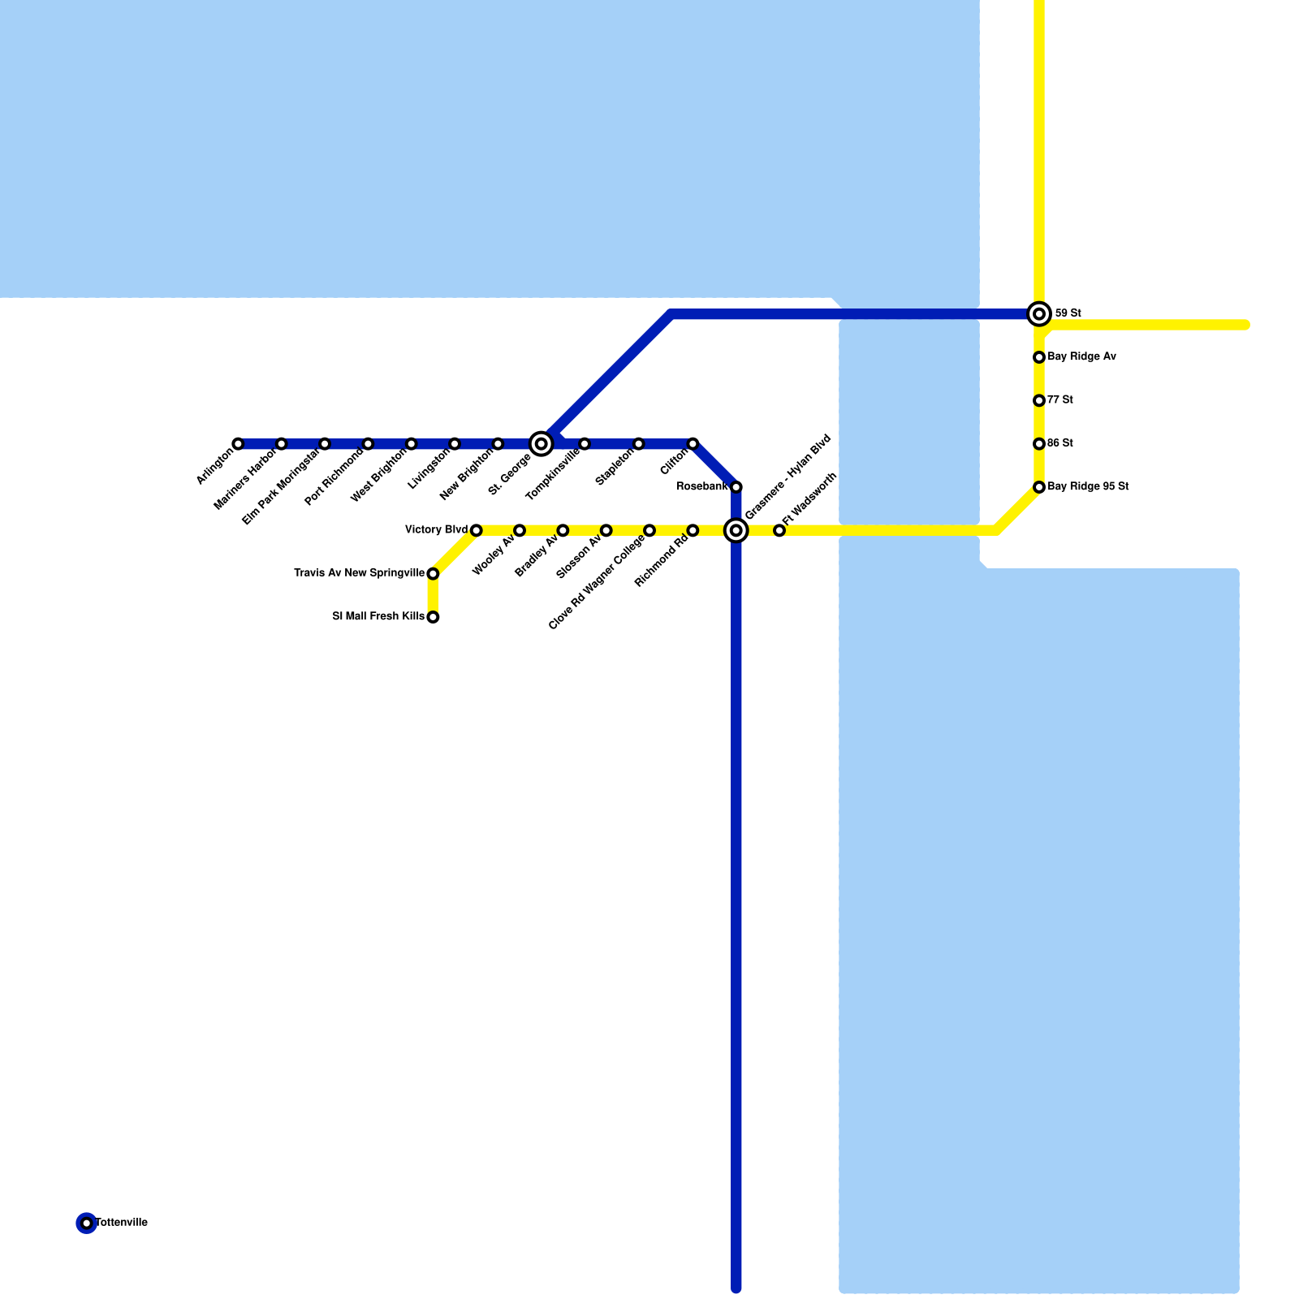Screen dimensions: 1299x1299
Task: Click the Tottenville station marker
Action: click(87, 1223)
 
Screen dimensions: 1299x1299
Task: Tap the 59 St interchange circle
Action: click(1039, 313)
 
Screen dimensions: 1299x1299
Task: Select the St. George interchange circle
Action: click(542, 443)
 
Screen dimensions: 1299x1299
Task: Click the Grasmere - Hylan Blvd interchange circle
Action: click(736, 530)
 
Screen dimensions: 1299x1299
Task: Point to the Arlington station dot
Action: click(238, 443)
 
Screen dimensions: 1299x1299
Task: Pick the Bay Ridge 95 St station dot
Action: click(1039, 487)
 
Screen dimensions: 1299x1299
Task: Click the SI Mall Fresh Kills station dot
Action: click(433, 617)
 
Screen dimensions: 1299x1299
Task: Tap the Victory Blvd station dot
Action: click(477, 530)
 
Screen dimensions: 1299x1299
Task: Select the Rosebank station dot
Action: click(736, 487)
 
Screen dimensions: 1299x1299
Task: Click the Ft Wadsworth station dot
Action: click(779, 530)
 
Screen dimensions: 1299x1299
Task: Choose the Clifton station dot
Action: click(693, 443)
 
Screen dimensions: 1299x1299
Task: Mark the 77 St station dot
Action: click(1039, 400)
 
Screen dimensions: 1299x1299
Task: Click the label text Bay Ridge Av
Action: click(1081, 356)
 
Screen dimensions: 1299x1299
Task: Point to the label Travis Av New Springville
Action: click(359, 573)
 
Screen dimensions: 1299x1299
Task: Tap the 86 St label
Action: click(1060, 443)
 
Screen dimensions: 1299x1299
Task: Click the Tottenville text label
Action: click(122, 1223)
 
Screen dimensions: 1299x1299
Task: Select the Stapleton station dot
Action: click(639, 443)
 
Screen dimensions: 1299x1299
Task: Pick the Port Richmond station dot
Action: click(368, 443)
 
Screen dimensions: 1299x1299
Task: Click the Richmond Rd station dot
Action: click(693, 530)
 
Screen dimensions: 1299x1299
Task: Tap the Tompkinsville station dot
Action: click(585, 443)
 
